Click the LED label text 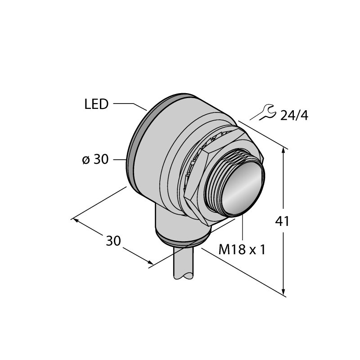(x=96, y=104)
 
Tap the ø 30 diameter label (x=95, y=159)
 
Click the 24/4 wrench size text (x=294, y=116)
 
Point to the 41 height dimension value (x=283, y=221)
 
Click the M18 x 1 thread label (x=242, y=249)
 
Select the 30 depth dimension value (x=113, y=241)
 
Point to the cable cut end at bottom (x=183, y=276)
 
